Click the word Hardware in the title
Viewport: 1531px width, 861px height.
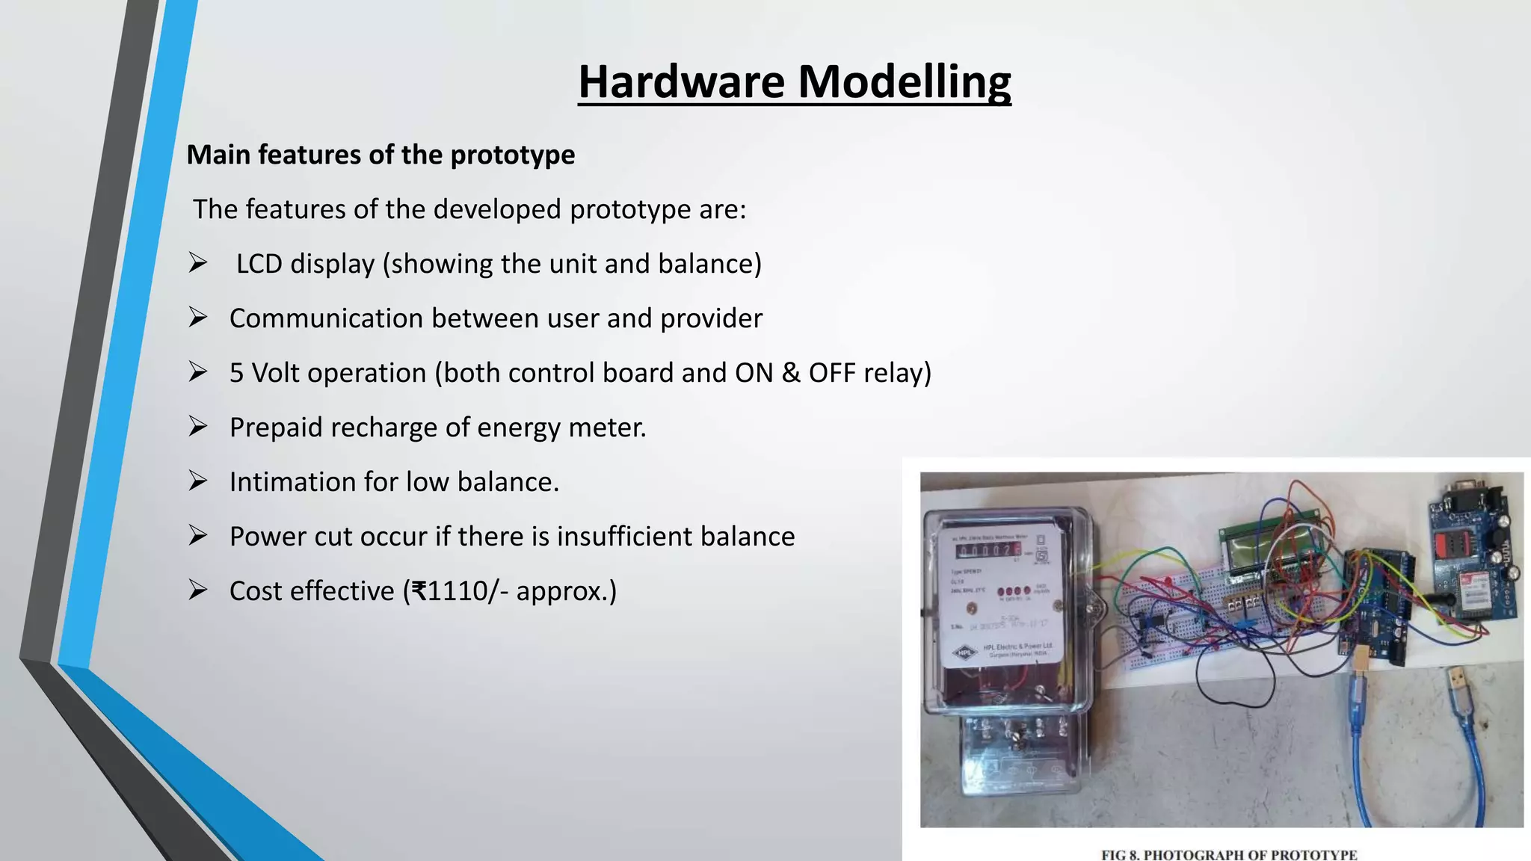(x=681, y=81)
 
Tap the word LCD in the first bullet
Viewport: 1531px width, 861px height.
(x=258, y=264)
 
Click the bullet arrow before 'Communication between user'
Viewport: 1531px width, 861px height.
(x=198, y=318)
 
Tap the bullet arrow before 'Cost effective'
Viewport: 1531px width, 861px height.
(x=198, y=591)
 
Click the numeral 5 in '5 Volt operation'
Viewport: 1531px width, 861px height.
(x=236, y=373)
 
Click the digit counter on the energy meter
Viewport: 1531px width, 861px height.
(x=988, y=551)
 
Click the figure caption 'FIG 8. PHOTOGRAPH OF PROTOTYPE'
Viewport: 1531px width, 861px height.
(x=1229, y=854)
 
